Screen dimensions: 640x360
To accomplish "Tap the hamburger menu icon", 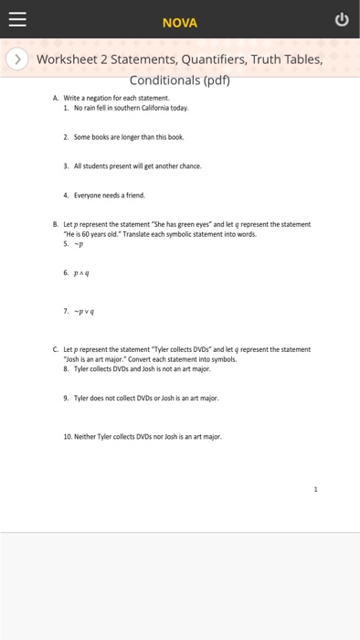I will point(18,19).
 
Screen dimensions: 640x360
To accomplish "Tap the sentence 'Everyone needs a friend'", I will point(109,195).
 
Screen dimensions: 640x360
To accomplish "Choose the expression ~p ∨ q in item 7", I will point(87,310).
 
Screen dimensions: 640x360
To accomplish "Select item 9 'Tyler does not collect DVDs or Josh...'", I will point(146,398).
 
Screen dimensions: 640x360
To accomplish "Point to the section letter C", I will point(56,348).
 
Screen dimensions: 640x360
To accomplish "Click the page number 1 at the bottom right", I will point(315,489).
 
